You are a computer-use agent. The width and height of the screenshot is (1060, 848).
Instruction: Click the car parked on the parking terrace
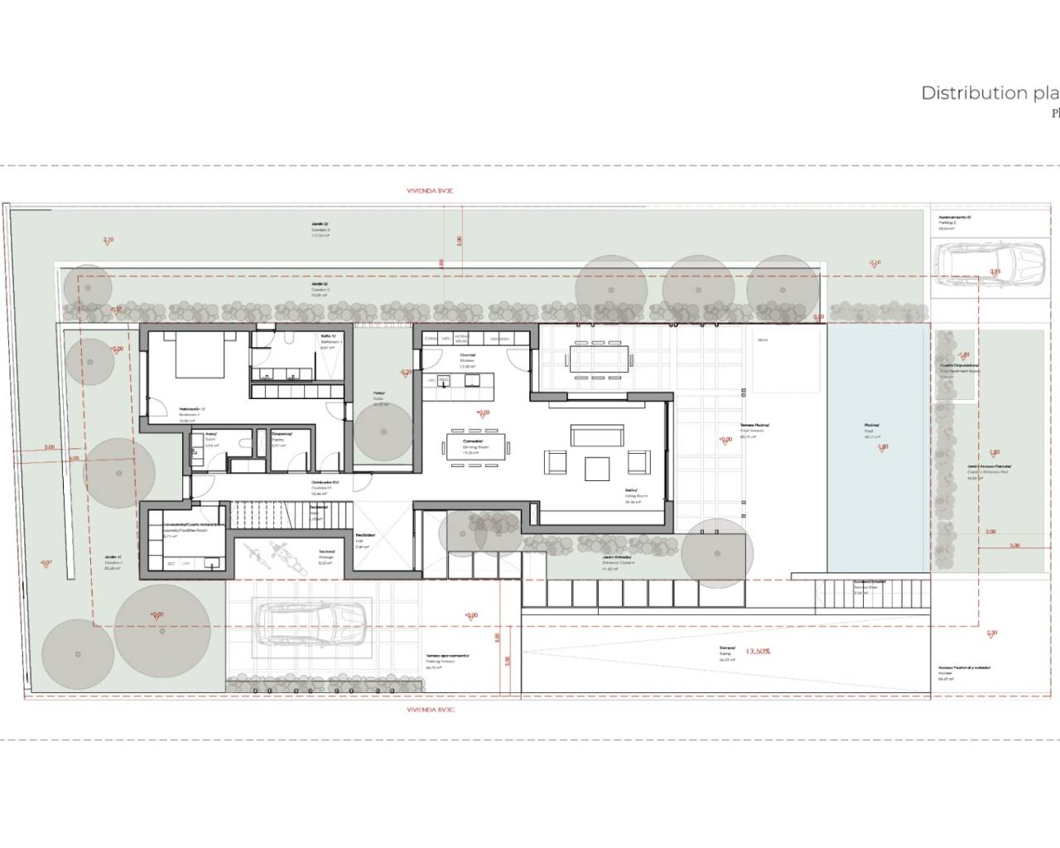coord(312,624)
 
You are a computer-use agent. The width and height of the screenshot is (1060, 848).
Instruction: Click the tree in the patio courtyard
coord(383,431)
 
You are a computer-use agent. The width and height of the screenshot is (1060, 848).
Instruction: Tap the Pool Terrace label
coord(754,427)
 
